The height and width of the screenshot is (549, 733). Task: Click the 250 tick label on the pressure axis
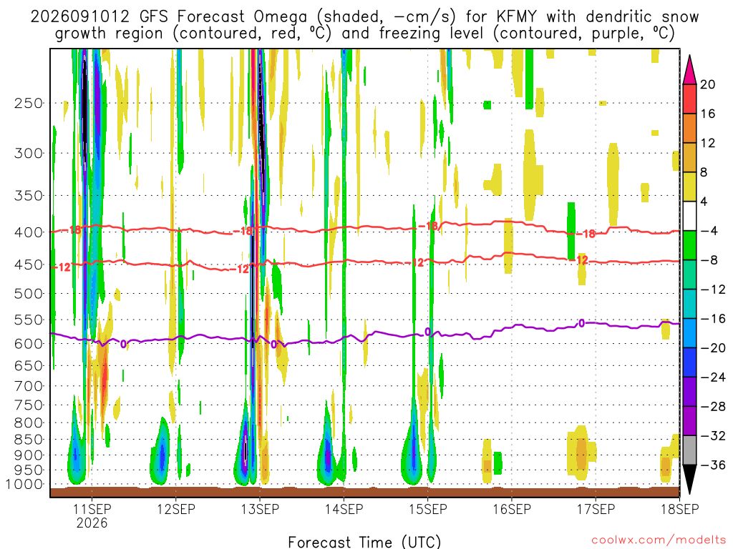(x=29, y=103)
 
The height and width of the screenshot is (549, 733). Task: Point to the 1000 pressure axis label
(x=24, y=484)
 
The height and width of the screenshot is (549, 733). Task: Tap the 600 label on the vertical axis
(x=29, y=344)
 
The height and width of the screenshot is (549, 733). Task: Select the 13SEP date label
(x=259, y=509)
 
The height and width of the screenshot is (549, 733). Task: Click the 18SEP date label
(x=679, y=509)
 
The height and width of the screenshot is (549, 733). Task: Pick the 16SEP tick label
(x=511, y=509)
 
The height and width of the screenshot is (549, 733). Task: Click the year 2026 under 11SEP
(x=92, y=523)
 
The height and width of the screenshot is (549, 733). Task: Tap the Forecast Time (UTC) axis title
(x=364, y=542)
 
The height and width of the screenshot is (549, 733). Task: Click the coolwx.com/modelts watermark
(x=659, y=540)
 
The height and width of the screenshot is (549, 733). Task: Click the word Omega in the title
(x=281, y=17)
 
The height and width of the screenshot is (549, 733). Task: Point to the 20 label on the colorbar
(x=707, y=84)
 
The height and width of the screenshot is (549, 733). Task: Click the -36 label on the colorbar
(x=713, y=465)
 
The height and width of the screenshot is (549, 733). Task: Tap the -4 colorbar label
(x=709, y=231)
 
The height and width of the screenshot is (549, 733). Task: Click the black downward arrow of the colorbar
(x=689, y=479)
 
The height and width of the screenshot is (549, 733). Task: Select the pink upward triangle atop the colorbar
(x=689, y=70)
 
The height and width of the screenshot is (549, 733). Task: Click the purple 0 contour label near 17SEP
(x=581, y=323)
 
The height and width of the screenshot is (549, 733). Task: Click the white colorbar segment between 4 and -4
(x=689, y=216)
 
